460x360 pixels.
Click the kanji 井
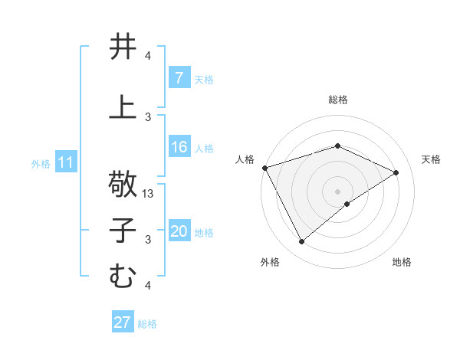point(123,47)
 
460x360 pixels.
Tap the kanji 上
point(123,108)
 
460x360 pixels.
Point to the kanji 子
point(123,231)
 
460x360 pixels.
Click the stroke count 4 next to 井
point(148,56)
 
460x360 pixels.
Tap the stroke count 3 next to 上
point(148,116)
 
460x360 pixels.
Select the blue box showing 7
point(179,78)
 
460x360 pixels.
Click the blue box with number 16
point(179,147)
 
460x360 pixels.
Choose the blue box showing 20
point(179,232)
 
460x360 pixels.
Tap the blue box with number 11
point(66,162)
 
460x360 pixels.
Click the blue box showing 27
point(123,322)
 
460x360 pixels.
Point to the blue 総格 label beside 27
point(147,323)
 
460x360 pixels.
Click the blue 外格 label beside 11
point(41,163)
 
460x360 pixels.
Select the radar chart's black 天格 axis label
point(432,159)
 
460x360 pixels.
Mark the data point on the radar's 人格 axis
point(264,168)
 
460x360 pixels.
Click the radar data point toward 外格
point(302,242)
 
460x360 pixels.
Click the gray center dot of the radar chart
point(337,191)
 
